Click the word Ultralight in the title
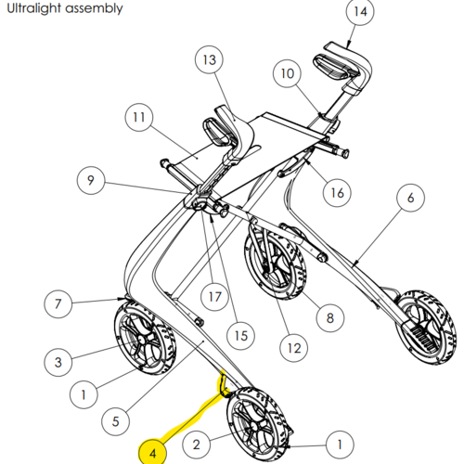(x=34, y=8)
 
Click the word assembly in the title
(x=94, y=9)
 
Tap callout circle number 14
(x=360, y=12)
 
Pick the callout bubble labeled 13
(x=209, y=59)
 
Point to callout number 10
(x=287, y=73)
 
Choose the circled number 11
(x=139, y=117)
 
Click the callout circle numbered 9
(x=91, y=180)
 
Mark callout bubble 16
(x=337, y=193)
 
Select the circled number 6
(x=410, y=198)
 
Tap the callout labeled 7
(x=58, y=303)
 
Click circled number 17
(x=214, y=297)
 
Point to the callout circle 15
(x=241, y=336)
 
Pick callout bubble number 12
(x=294, y=348)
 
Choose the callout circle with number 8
(x=330, y=318)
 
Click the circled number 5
(x=115, y=421)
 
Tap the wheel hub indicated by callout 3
(x=141, y=339)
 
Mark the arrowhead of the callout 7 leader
(x=122, y=299)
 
